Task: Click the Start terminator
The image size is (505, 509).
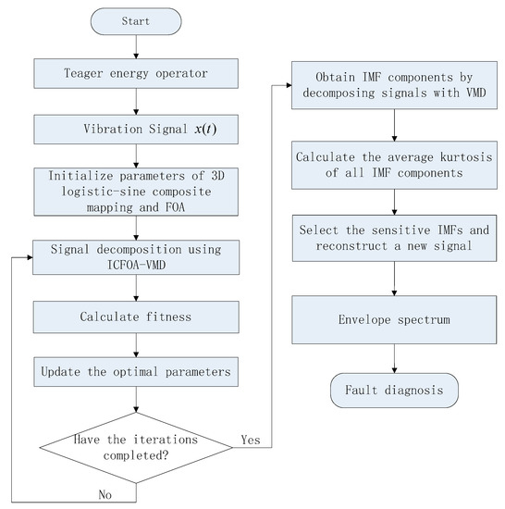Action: coord(136,20)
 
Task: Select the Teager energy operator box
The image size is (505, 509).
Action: coord(136,71)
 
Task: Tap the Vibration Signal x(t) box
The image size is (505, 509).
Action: coord(136,130)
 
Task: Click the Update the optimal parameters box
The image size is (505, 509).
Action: coord(136,373)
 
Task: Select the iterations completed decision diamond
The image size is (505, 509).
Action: coord(136,443)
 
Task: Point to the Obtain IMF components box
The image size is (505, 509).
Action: coord(395,81)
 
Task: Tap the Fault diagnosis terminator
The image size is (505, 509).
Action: coord(395,390)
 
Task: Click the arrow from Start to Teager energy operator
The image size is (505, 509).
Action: coord(136,44)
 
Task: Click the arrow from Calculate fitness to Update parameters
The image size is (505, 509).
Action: coord(136,346)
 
